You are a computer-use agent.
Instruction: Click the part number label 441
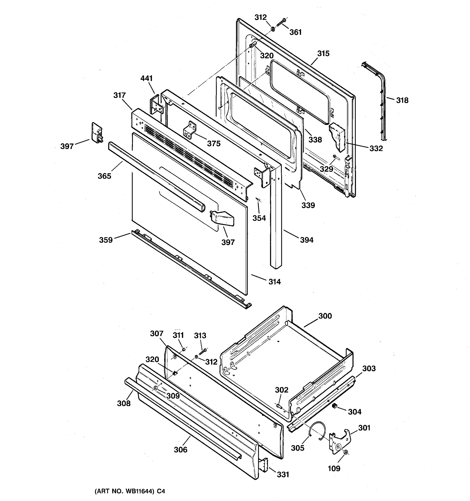tap(146, 78)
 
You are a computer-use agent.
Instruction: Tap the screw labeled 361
tap(281, 22)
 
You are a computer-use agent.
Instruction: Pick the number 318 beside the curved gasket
tap(402, 100)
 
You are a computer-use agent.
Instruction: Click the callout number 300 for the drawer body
tap(325, 316)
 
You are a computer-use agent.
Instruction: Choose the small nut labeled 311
tap(184, 349)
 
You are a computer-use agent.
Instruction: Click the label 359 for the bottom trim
tap(106, 240)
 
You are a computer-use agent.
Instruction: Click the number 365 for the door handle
tap(104, 176)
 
